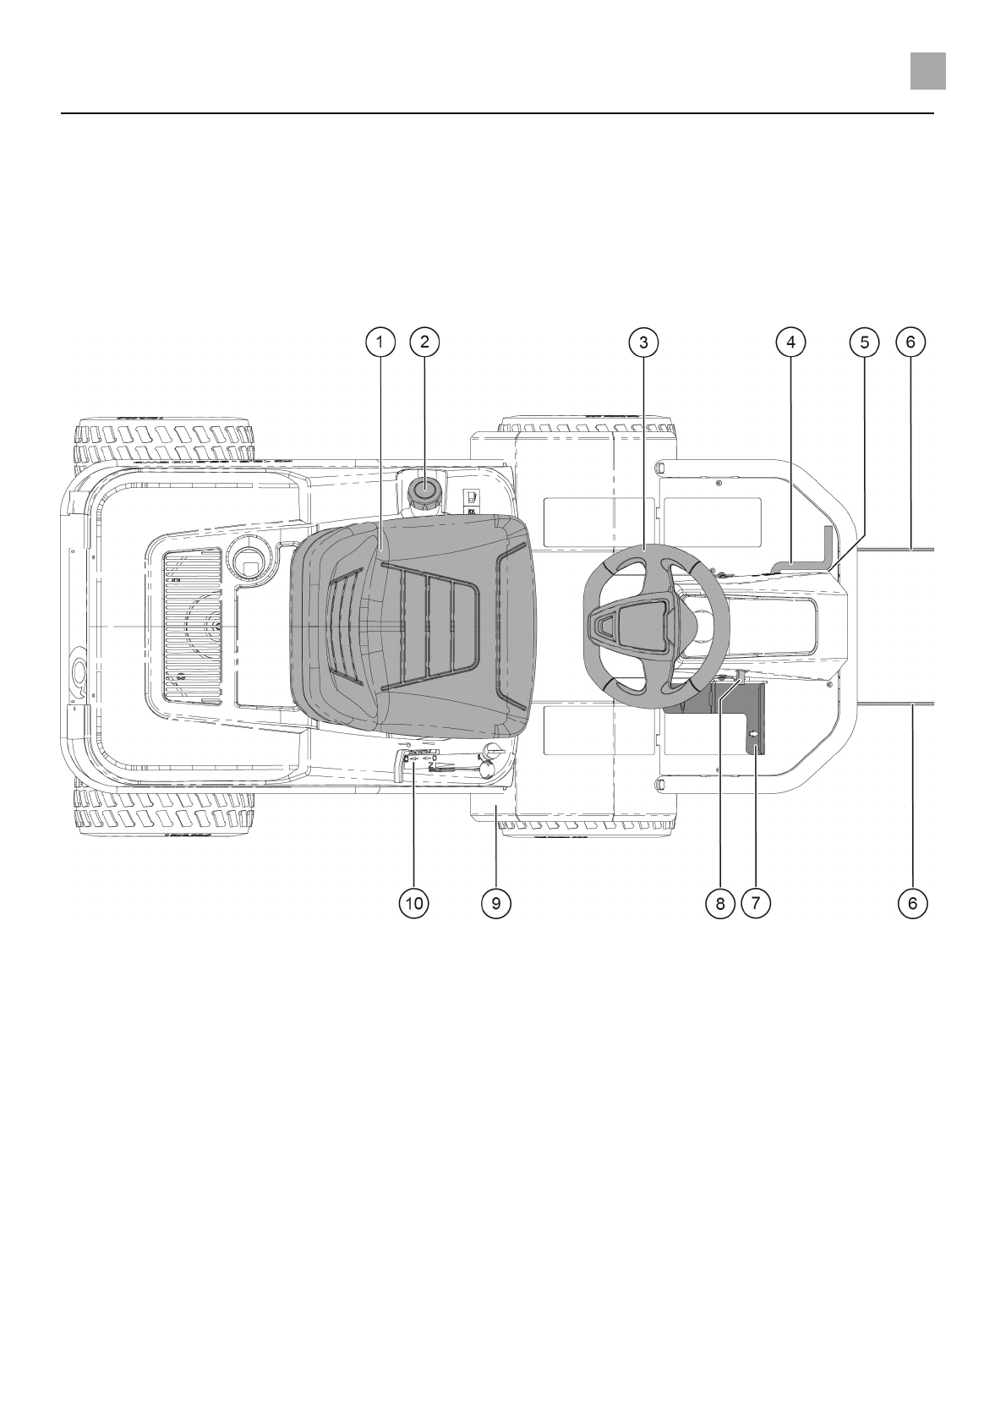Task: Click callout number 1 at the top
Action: (380, 342)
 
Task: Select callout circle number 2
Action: (424, 342)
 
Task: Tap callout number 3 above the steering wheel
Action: (643, 342)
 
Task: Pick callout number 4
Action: (790, 342)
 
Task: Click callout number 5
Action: (864, 342)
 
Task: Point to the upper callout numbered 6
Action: (910, 342)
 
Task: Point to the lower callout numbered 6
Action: (911, 903)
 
